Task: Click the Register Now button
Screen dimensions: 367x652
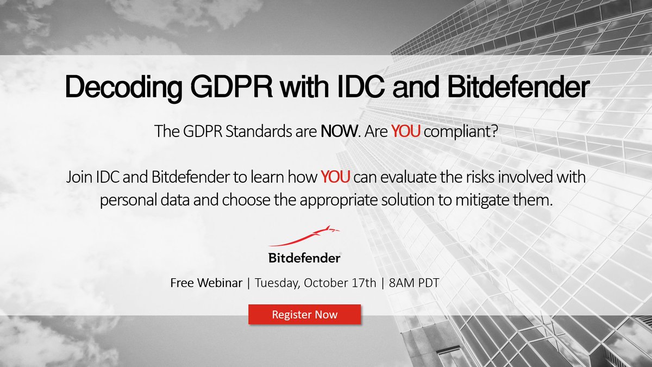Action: click(304, 314)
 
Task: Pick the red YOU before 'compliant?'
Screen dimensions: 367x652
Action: click(406, 131)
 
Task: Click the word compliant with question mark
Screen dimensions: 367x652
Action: click(461, 131)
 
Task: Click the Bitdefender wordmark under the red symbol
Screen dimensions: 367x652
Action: click(304, 258)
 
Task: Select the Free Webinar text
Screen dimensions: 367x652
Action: click(206, 283)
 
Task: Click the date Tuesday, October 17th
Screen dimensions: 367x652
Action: click(315, 283)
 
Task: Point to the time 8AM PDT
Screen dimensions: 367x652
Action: click(414, 283)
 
